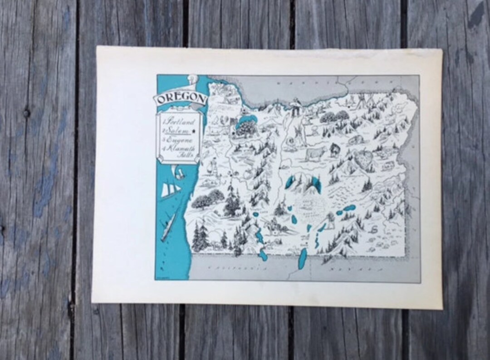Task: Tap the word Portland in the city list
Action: click(178, 122)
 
